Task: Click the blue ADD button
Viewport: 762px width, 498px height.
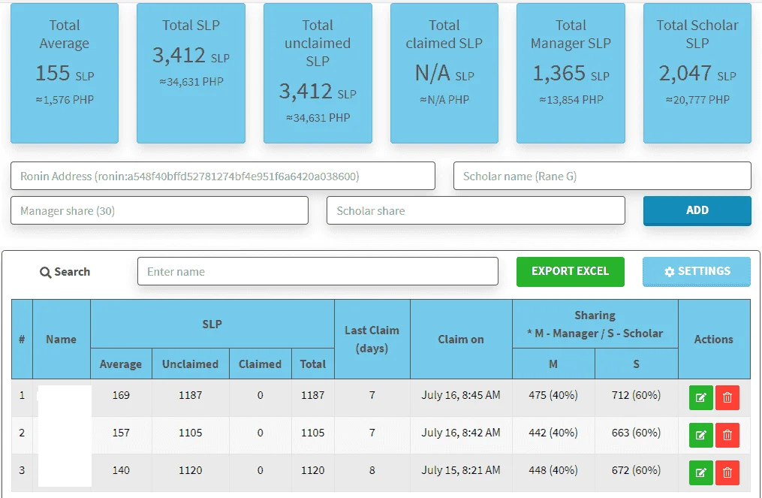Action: point(697,210)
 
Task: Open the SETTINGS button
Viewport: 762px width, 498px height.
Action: point(697,271)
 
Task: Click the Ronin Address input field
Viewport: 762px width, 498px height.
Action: point(222,176)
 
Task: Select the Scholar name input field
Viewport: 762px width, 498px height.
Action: point(602,176)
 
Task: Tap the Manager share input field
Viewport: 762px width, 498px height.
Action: point(159,210)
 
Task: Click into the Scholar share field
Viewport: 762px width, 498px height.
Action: point(476,210)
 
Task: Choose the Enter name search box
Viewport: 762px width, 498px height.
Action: point(318,271)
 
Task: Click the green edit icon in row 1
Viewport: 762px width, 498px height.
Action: point(700,398)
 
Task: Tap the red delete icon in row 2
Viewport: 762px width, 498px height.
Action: point(727,435)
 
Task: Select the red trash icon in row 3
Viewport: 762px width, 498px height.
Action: point(727,472)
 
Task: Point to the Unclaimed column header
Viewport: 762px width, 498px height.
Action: point(190,364)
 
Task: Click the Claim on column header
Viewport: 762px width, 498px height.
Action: point(461,339)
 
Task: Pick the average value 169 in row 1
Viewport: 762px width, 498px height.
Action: point(121,395)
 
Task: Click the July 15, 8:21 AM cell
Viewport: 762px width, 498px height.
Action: point(461,470)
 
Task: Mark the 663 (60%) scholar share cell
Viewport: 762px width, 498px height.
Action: point(636,433)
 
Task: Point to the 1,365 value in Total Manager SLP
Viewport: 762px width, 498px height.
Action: point(559,74)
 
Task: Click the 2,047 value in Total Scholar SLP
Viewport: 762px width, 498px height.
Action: point(685,74)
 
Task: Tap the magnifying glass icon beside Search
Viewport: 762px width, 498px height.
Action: point(45,273)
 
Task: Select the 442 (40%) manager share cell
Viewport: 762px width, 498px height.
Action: point(553,433)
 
